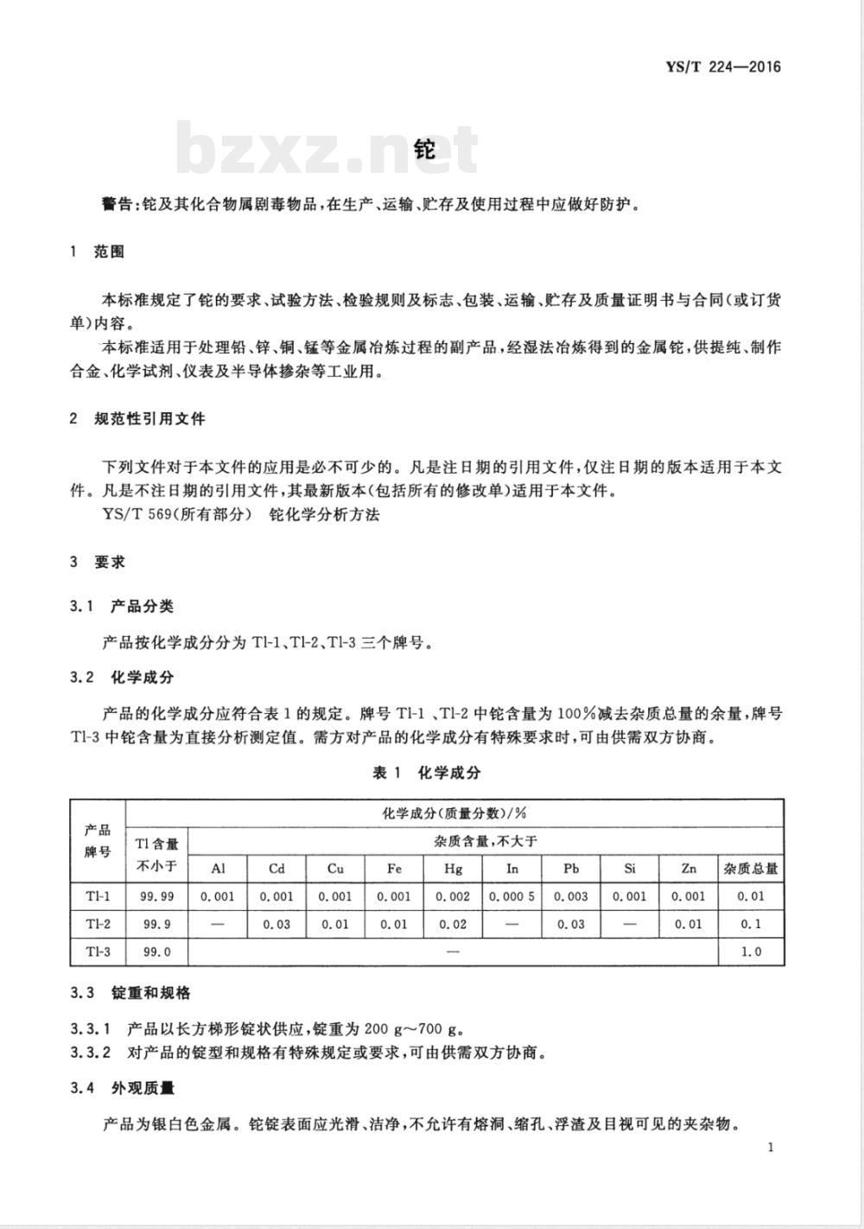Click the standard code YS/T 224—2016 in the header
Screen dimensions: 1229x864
pyautogui.click(x=723, y=67)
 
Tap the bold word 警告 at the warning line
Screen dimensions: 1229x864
pyautogui.click(x=118, y=205)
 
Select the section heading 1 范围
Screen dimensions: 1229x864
pyautogui.click(x=97, y=252)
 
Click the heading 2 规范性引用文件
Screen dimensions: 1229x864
pyautogui.click(x=137, y=418)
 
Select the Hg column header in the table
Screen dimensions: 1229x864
pyautogui.click(x=453, y=869)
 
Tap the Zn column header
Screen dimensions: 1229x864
pyautogui.click(x=688, y=869)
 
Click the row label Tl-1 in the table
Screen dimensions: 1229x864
pyautogui.click(x=98, y=896)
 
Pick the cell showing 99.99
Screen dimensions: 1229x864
pyautogui.click(x=156, y=896)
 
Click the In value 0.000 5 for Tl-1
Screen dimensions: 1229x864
pyautogui.click(x=511, y=896)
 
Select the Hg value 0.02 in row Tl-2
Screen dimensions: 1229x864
pyautogui.click(x=453, y=924)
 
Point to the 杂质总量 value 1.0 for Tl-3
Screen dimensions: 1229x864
pyautogui.click(x=751, y=952)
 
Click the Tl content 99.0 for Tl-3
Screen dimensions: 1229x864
pyautogui.click(x=156, y=952)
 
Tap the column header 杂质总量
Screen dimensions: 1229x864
pyautogui.click(x=751, y=869)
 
